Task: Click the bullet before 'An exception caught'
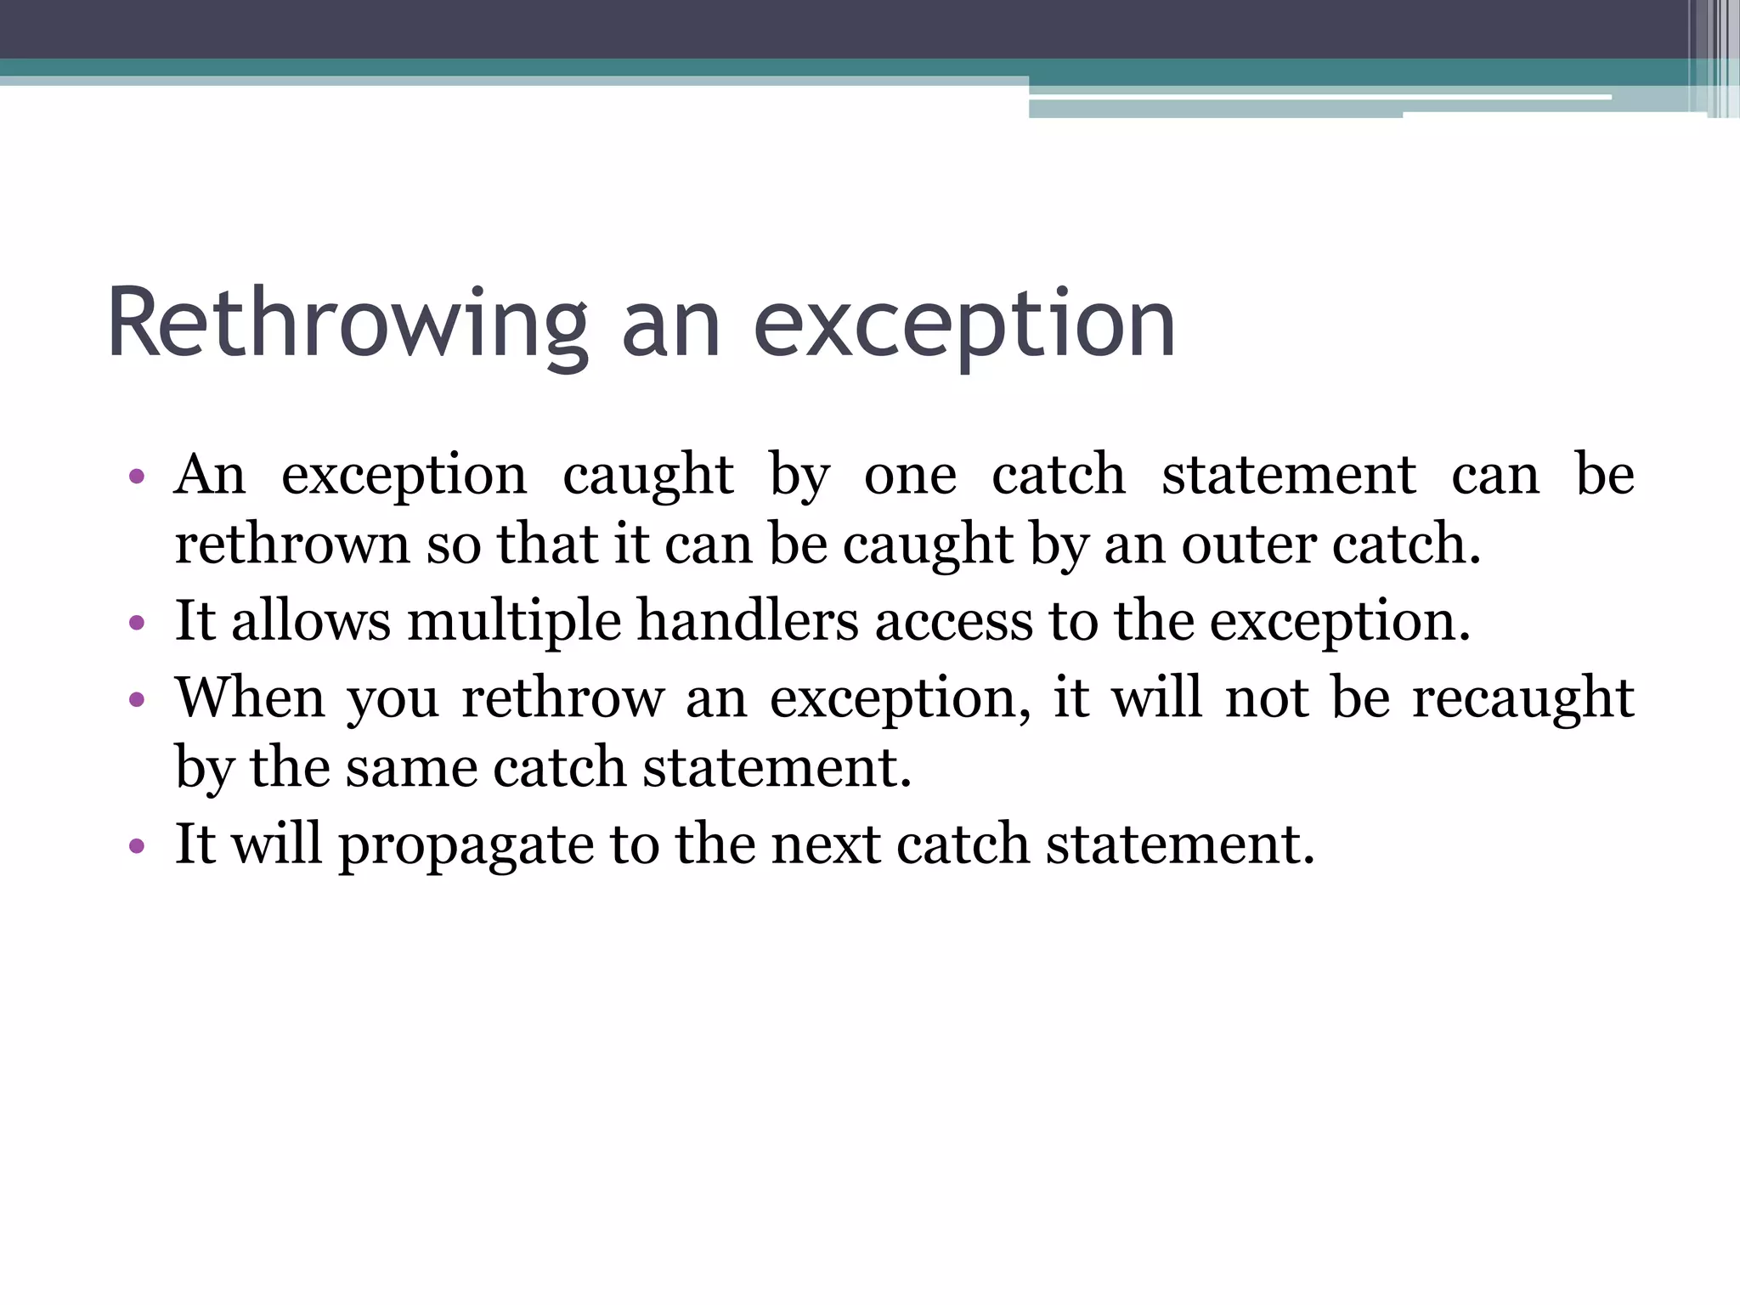137,476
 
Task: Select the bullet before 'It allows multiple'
137,623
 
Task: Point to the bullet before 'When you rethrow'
137,700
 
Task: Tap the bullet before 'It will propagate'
137,846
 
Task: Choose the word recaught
1522,698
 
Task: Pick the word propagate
466,846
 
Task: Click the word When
251,698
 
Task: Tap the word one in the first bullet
909,475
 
